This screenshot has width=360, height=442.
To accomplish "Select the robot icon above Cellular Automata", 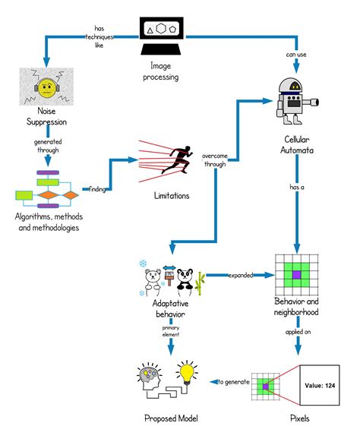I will [294, 99].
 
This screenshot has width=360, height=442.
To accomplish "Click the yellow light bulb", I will [187, 374].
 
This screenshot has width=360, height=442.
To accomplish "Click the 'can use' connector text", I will [296, 54].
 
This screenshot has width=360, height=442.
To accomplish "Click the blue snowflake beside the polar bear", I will [142, 264].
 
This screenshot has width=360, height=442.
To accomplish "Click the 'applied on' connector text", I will [297, 331].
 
